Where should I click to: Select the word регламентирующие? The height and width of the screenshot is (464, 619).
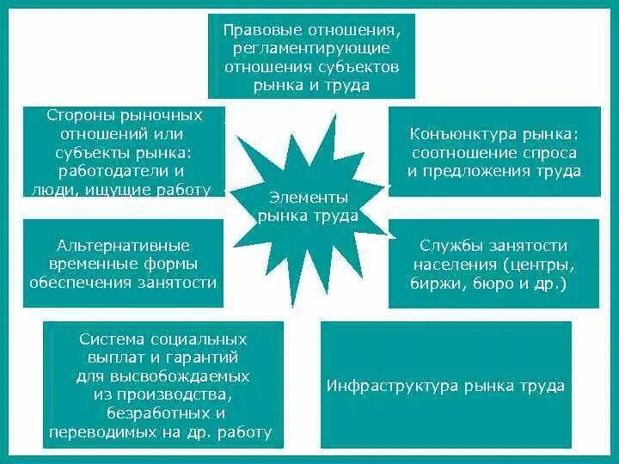[311, 47]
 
